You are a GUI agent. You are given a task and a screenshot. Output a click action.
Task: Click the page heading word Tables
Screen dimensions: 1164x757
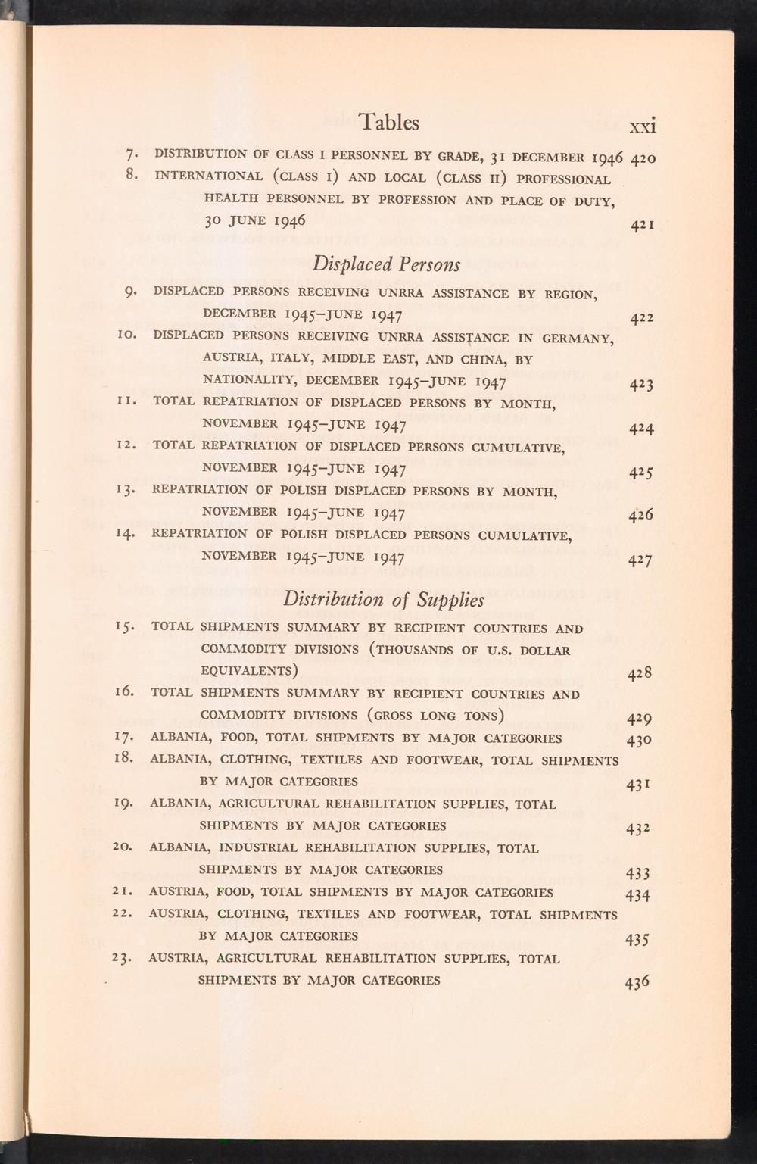389,122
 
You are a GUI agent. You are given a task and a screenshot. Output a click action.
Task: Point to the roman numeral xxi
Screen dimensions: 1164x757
643,125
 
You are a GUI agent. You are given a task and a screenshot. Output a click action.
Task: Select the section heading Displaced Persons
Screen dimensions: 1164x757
386,265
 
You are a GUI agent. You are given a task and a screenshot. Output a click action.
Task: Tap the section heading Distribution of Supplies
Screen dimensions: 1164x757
383,600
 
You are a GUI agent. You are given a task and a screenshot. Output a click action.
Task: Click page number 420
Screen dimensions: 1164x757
643,159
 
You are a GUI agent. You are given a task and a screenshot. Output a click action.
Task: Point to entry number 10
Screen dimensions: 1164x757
127,335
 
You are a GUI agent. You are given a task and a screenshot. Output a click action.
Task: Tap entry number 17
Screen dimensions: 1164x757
126,738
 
